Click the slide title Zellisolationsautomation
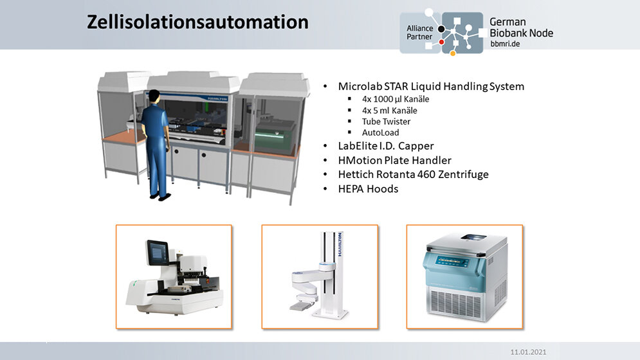coord(197,22)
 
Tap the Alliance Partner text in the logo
coord(420,33)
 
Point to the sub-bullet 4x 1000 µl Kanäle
coord(396,99)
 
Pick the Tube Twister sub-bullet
coord(386,122)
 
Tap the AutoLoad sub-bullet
coord(380,132)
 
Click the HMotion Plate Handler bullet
coord(394,160)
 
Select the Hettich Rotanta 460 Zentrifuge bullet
coord(413,174)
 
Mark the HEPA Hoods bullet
coord(368,188)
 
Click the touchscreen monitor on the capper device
coord(158,251)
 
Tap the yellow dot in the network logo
coord(453,53)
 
